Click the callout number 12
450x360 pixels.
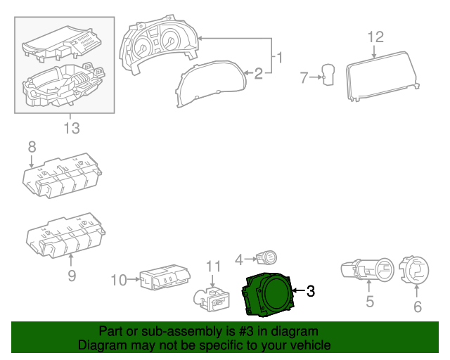(x=375, y=37)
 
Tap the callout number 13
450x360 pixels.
(x=71, y=128)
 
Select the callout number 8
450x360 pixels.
(x=32, y=147)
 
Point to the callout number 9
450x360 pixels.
(x=71, y=276)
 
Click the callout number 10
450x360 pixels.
(x=120, y=280)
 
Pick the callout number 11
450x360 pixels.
(x=213, y=266)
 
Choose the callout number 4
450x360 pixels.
(x=239, y=259)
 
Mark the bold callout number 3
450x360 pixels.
(x=311, y=290)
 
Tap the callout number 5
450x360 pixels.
(x=369, y=303)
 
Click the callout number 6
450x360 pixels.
(x=417, y=307)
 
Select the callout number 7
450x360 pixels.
(x=304, y=78)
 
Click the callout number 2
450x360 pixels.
(x=258, y=72)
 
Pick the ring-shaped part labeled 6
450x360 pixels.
(x=414, y=269)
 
